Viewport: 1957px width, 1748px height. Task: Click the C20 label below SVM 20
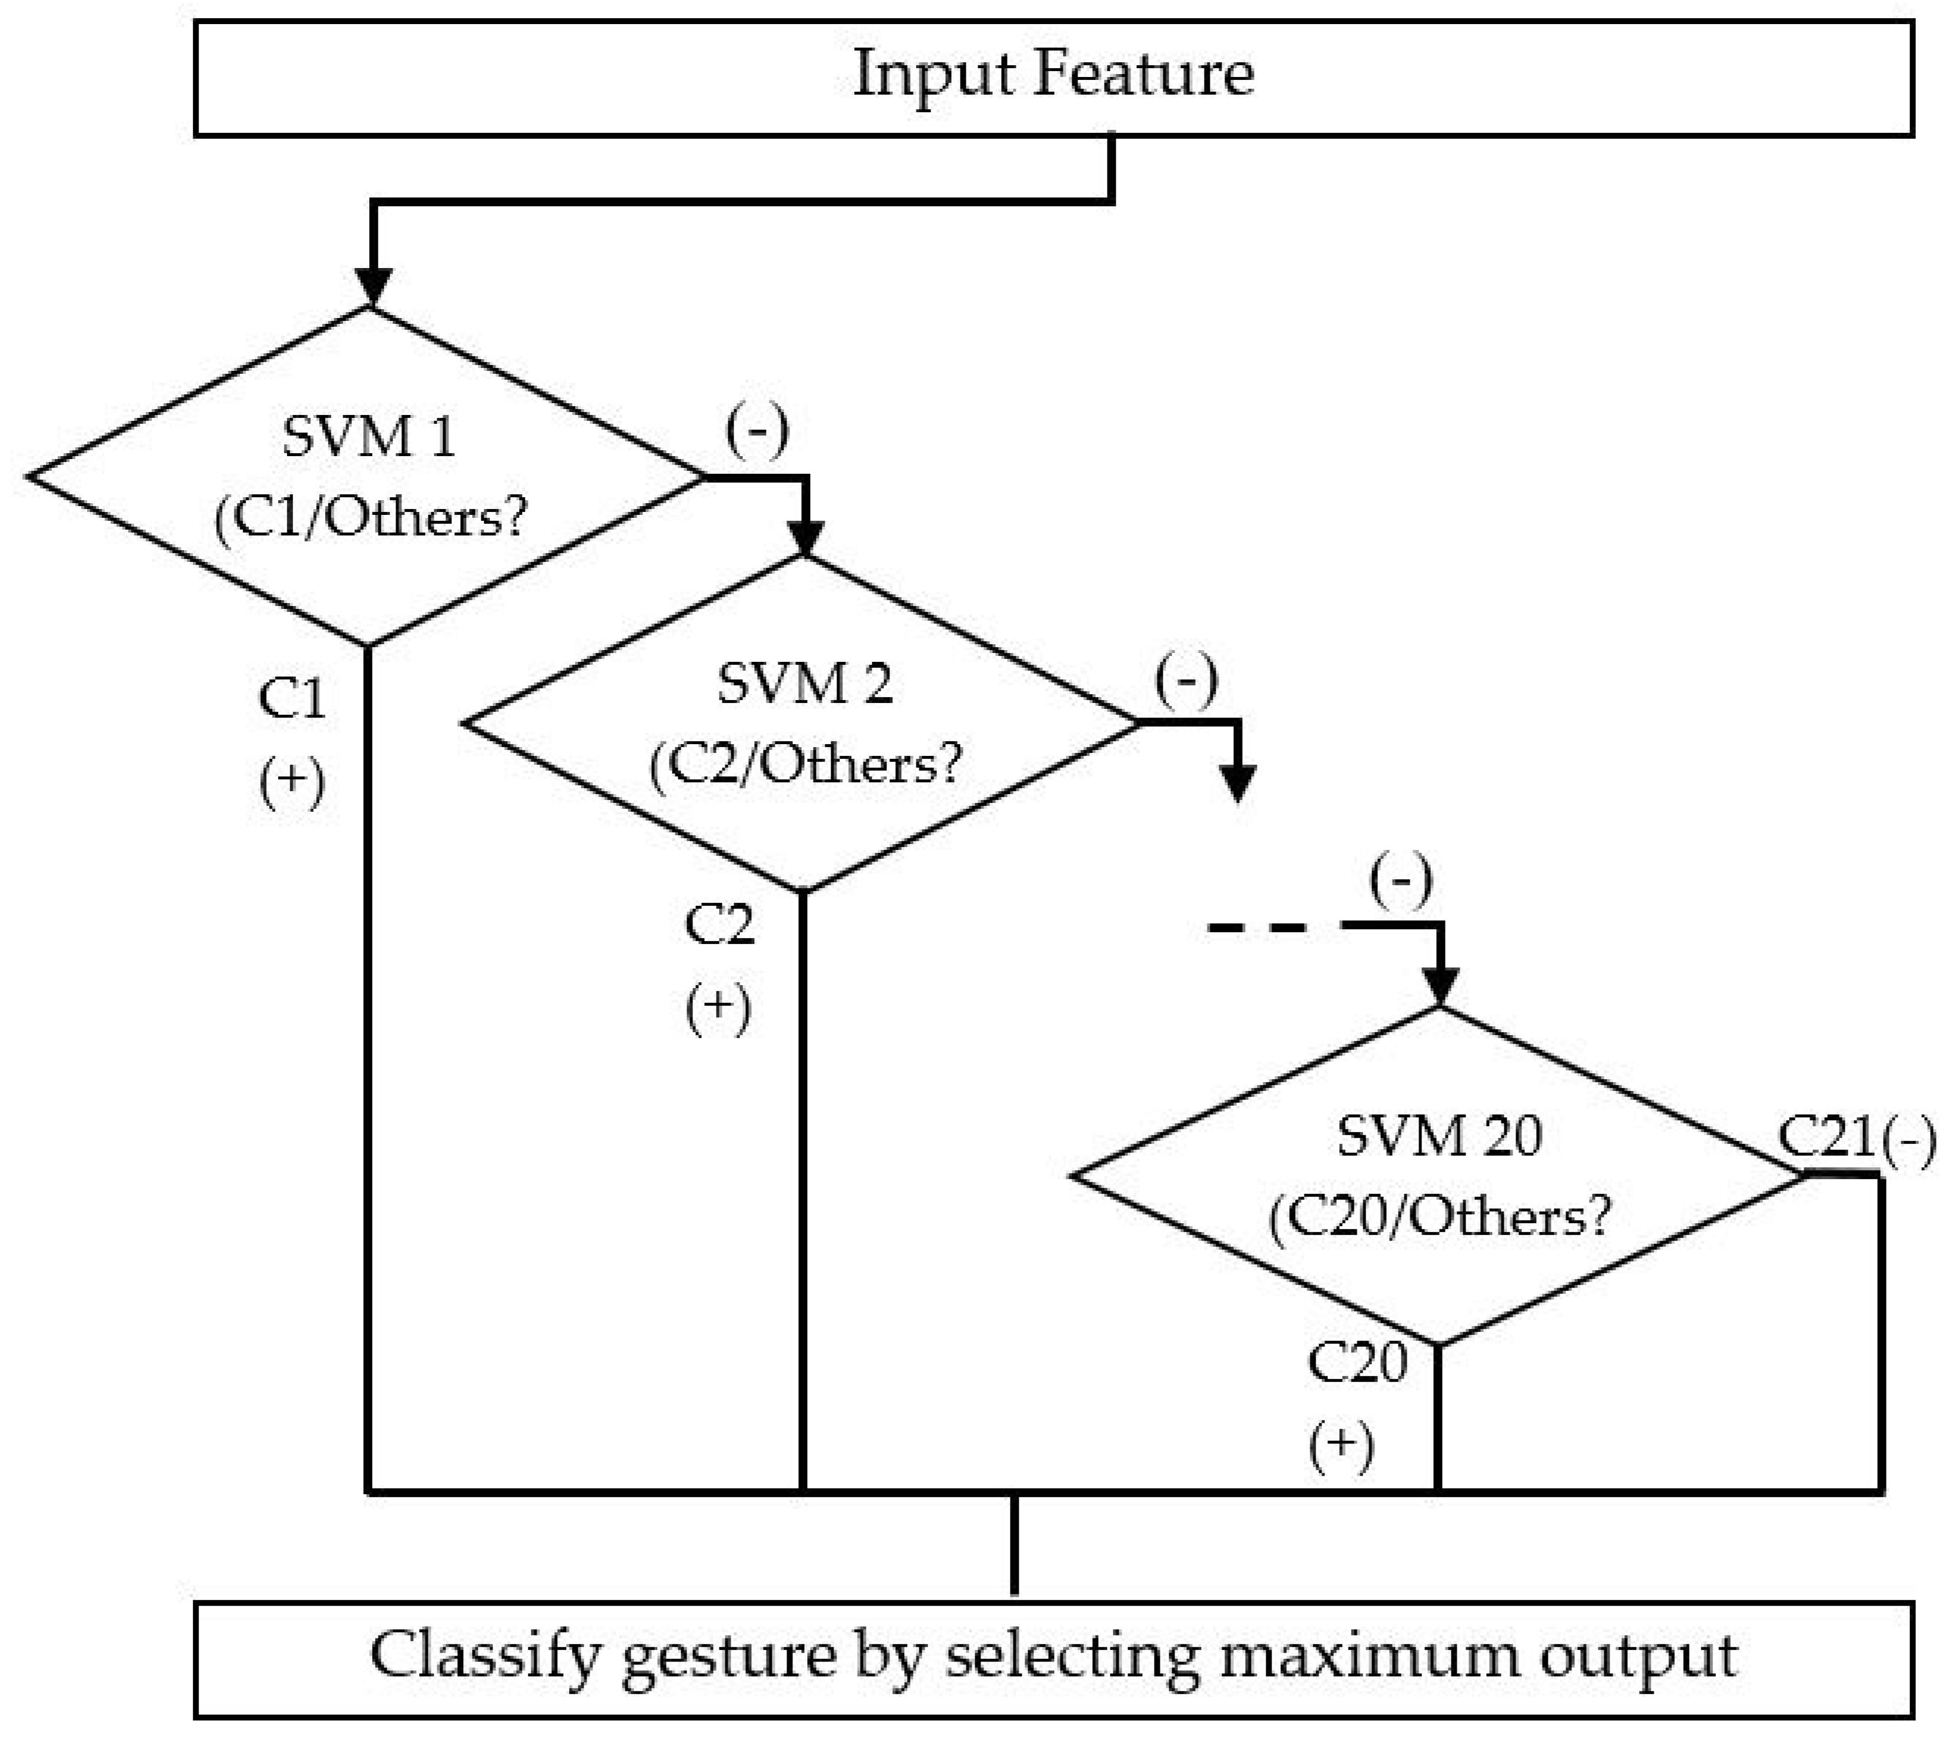[1357, 1362]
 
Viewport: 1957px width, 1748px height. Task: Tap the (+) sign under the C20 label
[1341, 1445]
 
